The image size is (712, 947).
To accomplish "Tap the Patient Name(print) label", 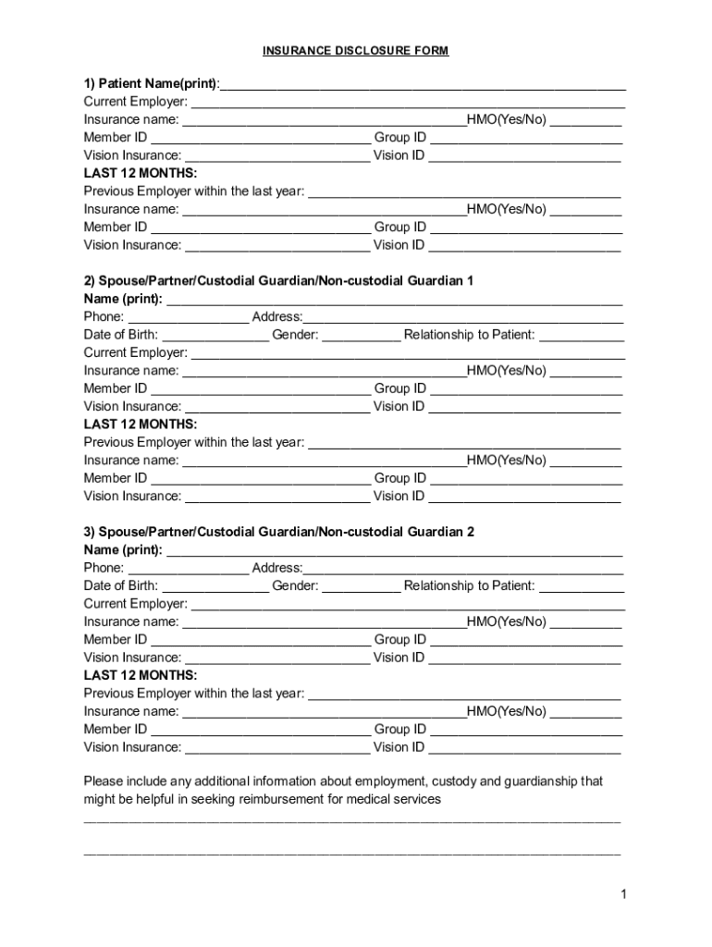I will [x=151, y=84].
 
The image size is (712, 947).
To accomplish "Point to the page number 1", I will [x=625, y=893].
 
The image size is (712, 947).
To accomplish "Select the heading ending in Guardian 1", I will [x=278, y=281].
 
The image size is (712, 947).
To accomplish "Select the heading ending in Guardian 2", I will [x=278, y=533].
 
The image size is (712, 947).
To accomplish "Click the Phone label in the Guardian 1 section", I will [x=104, y=317].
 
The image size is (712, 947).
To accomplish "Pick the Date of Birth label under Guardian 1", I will [x=120, y=335].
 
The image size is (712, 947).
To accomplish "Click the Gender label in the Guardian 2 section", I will [x=295, y=586].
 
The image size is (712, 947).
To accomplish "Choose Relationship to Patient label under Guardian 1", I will [x=469, y=335].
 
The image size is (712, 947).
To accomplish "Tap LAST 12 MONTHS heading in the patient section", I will [x=141, y=173].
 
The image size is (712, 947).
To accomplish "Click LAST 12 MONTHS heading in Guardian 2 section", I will [x=141, y=676].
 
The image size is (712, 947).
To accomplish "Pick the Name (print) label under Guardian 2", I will [x=123, y=550].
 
